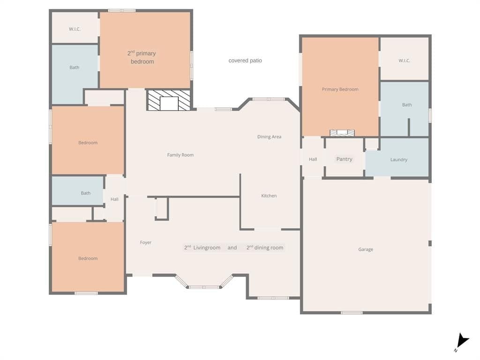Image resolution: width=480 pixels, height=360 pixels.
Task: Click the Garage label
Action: pos(366,249)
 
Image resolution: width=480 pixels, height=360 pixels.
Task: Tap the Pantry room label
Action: pos(344,159)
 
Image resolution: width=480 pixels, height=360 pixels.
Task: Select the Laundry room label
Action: pos(398,159)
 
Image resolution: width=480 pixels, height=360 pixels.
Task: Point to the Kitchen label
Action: pos(269,195)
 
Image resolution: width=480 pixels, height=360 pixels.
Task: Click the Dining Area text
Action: pos(269,136)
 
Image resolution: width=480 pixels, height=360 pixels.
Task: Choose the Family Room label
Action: pos(180,155)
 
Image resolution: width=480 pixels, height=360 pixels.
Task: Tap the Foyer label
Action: pos(146,242)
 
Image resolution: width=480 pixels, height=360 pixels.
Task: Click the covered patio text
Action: pos(245,60)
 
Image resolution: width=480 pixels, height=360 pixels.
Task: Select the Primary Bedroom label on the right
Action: pos(340,90)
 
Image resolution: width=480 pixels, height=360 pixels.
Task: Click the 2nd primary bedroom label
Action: pos(142,57)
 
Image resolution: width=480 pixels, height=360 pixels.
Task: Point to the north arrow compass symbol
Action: pos(462,342)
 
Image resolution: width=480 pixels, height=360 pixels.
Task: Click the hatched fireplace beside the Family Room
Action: pos(169,100)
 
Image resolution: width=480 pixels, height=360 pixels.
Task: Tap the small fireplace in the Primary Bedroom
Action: pos(342,133)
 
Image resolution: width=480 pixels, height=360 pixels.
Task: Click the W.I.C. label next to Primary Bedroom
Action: pos(404,60)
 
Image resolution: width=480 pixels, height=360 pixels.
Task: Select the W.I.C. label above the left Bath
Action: pos(75,29)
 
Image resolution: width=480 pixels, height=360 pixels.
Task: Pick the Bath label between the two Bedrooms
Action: pos(86,193)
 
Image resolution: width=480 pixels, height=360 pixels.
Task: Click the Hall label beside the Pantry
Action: pos(313,159)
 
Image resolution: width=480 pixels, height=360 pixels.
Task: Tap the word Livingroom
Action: pos(207,247)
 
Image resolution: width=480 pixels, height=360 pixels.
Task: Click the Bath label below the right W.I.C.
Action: pos(407,105)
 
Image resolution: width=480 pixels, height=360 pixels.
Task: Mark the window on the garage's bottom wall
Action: pos(352,313)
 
